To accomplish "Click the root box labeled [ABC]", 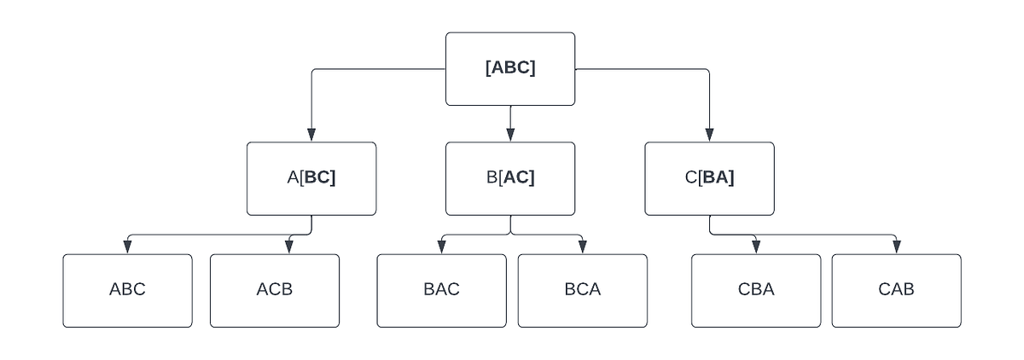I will (x=510, y=69).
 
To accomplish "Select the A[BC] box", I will (x=311, y=178).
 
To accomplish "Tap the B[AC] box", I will (x=510, y=178).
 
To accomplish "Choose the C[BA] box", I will (x=709, y=178).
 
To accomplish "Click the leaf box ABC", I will (x=127, y=290).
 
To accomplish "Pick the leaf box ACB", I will (x=275, y=290).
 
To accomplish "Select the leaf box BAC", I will (x=441, y=290).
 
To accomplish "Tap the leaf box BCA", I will (x=582, y=290).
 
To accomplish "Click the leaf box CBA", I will (x=756, y=290).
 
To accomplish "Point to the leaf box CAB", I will (x=896, y=290).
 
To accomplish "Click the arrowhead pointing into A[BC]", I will (x=311, y=135).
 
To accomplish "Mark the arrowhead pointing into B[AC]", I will (x=510, y=135).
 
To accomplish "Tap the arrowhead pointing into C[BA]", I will (x=709, y=135).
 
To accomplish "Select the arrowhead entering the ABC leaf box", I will (x=127, y=247).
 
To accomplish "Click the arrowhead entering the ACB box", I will (x=288, y=247).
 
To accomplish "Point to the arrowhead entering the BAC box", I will (x=441, y=247).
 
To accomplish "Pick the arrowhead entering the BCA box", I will (x=582, y=247).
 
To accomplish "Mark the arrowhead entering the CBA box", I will (x=756, y=247).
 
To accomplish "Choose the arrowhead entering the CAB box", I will (x=896, y=247).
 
